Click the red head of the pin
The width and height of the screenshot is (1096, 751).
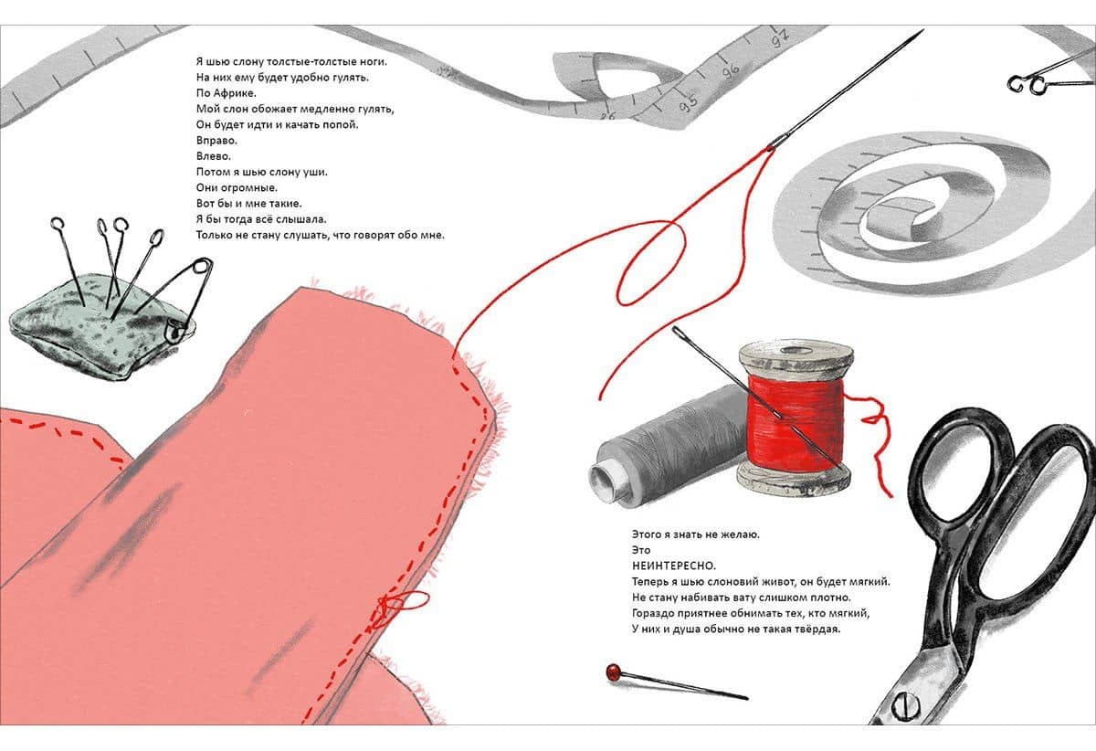[x=612, y=672]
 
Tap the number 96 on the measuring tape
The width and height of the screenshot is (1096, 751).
[x=731, y=71]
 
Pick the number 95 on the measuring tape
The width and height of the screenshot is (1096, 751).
[x=689, y=102]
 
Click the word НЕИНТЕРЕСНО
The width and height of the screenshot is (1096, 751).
[x=674, y=566]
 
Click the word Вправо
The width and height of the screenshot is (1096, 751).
[x=216, y=141]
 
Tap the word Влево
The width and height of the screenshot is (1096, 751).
[x=214, y=156]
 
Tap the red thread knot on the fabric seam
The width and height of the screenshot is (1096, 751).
[x=389, y=605]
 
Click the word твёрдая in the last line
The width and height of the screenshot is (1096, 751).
[x=816, y=629]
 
